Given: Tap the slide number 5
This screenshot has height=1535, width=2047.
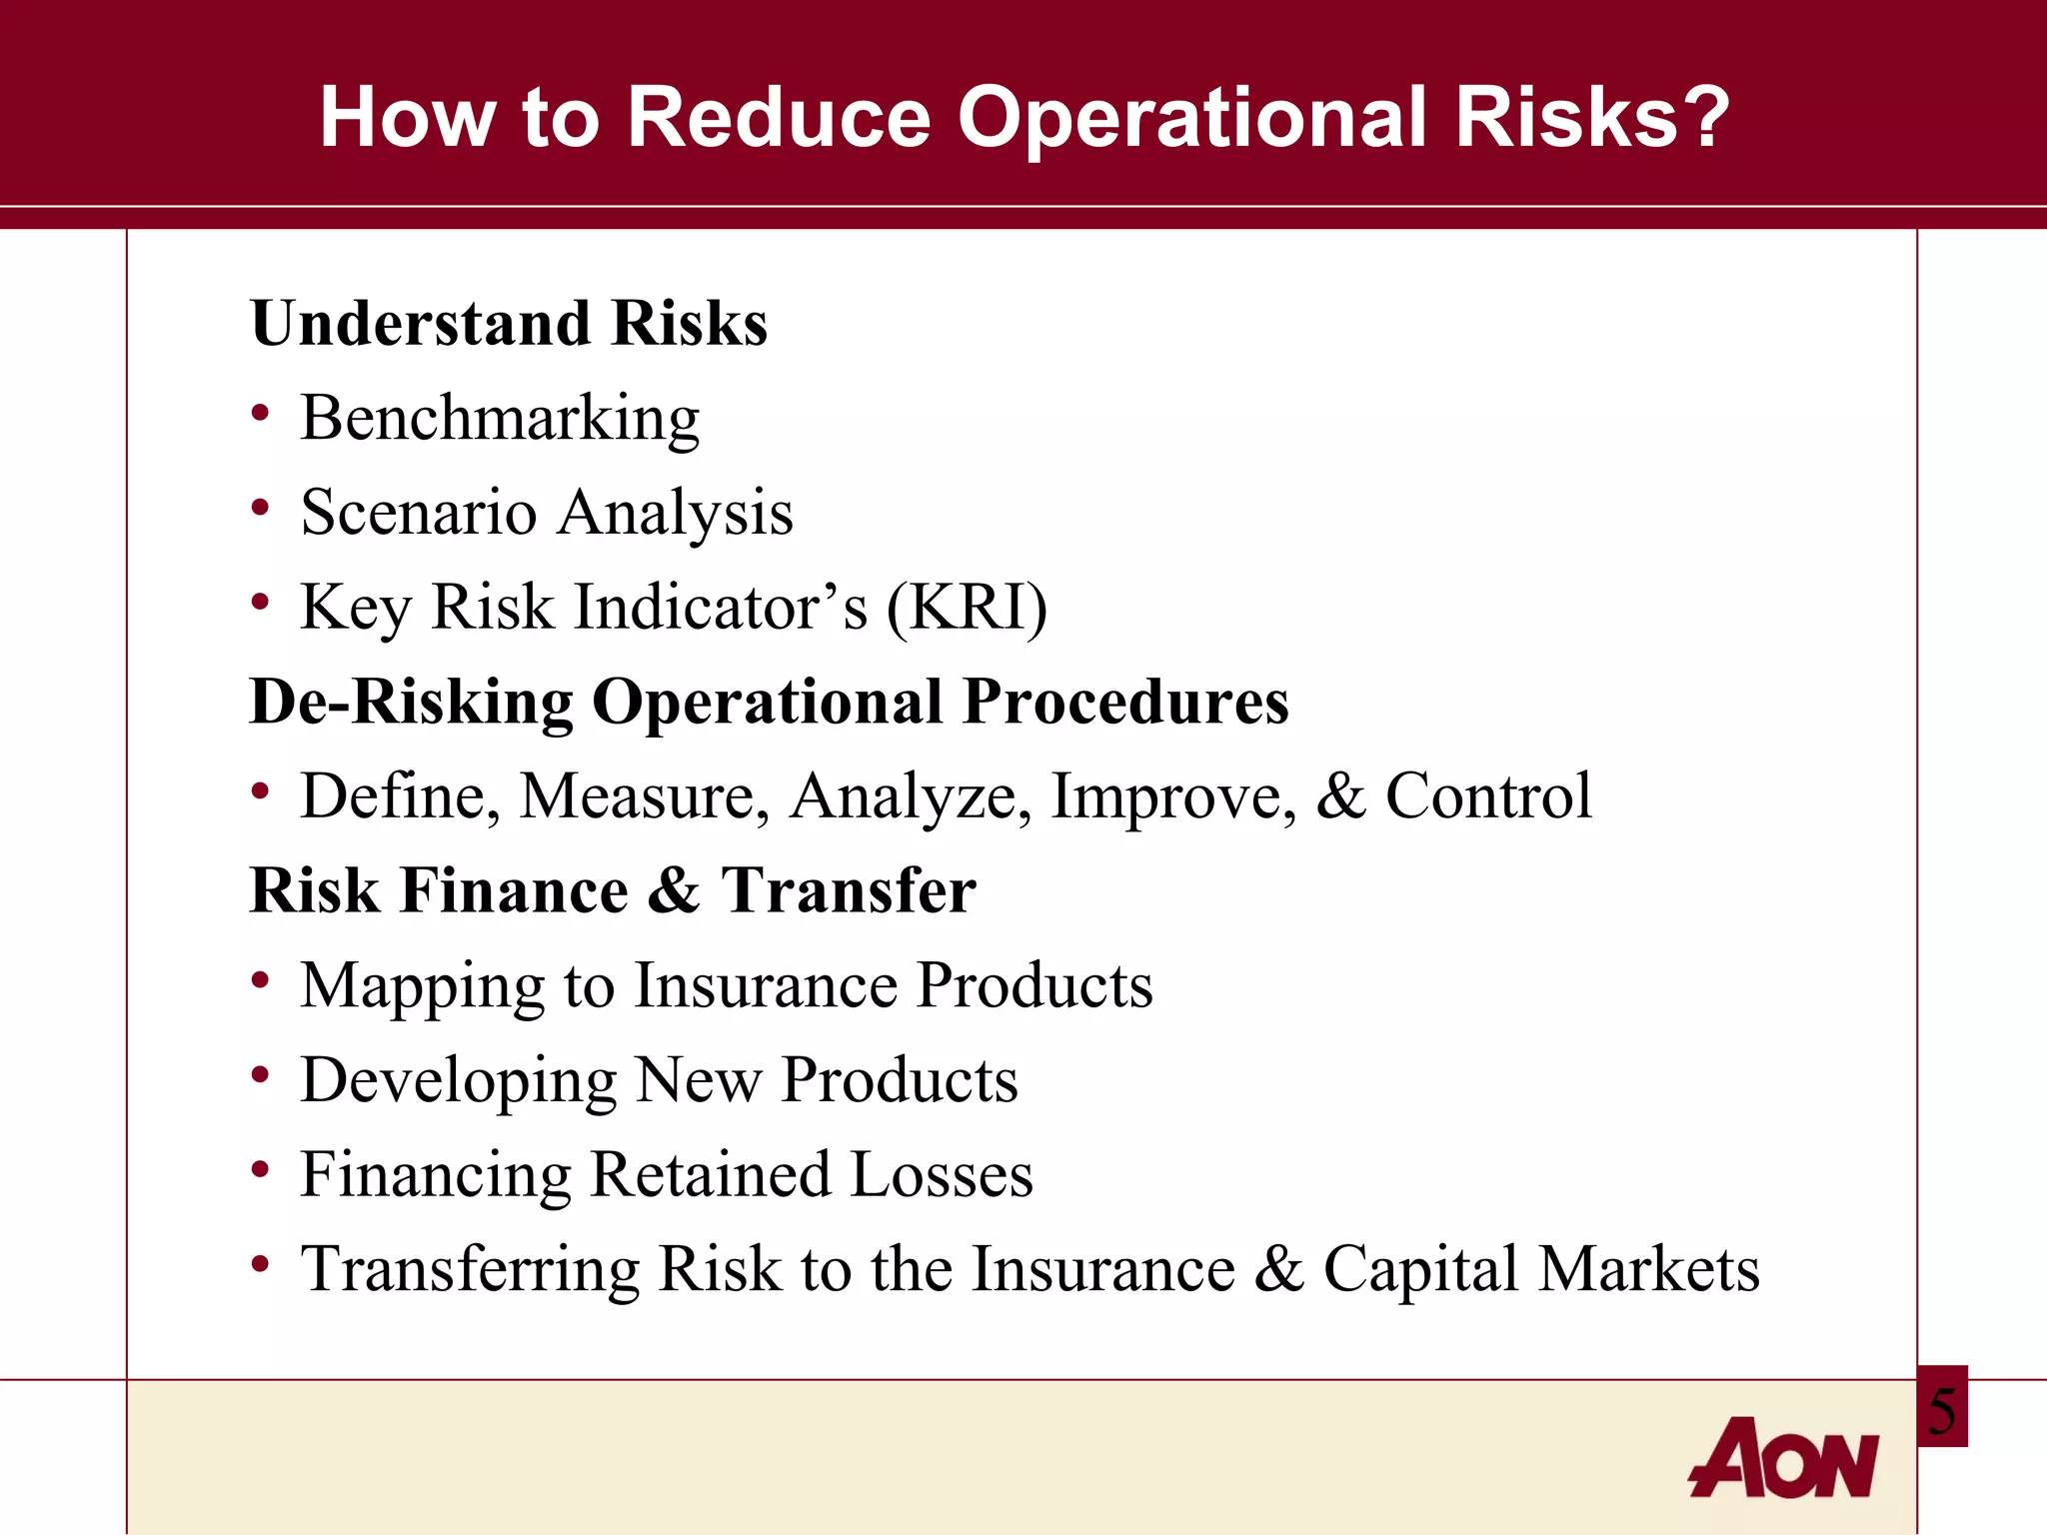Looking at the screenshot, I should click(1942, 1410).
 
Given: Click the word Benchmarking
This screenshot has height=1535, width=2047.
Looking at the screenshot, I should click(500, 419).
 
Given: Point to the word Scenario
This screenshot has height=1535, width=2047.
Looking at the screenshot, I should click(419, 512).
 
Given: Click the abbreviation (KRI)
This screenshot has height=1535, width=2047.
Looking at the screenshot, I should click(967, 607).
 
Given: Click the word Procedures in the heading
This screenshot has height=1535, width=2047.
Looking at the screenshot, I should click(1125, 702).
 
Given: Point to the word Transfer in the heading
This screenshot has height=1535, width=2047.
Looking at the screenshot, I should click(848, 890).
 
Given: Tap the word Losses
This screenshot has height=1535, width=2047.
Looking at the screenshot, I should click(942, 1174).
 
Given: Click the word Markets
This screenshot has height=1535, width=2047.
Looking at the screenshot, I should click(1648, 1269).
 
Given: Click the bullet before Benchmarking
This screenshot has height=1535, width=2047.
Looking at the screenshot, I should click(261, 413).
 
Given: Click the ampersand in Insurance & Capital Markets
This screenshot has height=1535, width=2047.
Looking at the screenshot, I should click(1279, 1269).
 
